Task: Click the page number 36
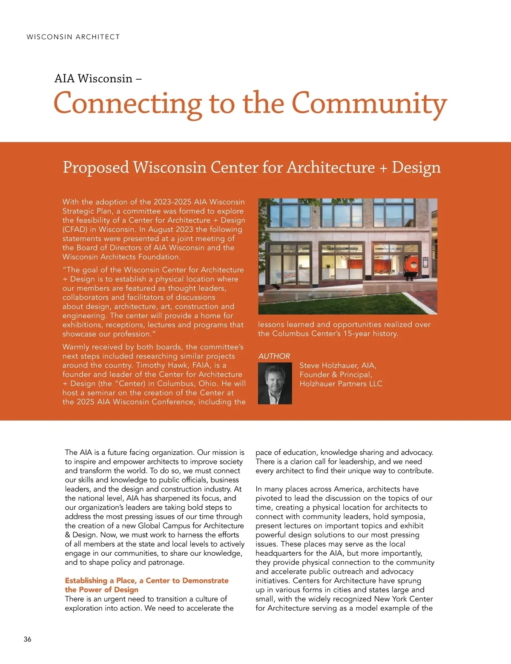[27, 639]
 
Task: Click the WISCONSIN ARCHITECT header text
[73, 37]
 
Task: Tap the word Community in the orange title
[369, 104]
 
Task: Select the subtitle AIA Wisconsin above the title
[94, 78]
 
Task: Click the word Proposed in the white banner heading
[96, 167]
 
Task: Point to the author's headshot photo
[275, 383]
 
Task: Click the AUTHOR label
[274, 356]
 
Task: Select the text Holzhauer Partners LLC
[341, 384]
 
